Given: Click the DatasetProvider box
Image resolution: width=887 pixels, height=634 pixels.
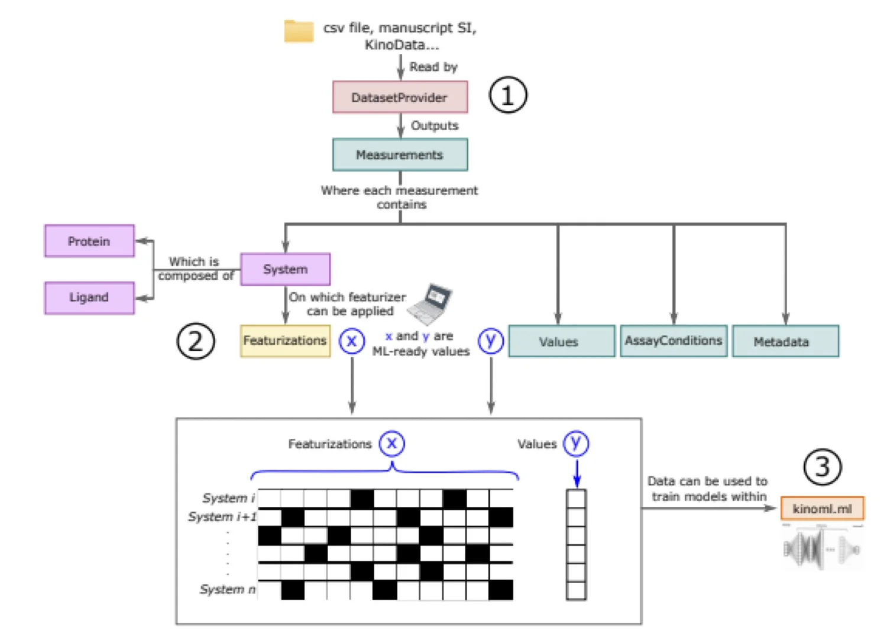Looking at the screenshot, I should pos(400,97).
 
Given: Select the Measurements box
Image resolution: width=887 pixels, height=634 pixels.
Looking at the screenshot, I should pos(400,154).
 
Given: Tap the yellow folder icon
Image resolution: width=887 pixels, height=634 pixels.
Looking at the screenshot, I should pos(299,31).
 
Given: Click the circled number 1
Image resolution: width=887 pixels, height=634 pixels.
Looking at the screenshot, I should pos(507,95).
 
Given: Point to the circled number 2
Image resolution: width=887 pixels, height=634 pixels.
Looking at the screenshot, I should pos(196,341).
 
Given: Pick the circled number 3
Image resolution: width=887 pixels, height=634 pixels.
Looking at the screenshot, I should pos(822,467).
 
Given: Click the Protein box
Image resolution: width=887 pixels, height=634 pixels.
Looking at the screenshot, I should pos(89,241).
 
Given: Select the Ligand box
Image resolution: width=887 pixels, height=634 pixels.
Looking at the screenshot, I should pos(89,297).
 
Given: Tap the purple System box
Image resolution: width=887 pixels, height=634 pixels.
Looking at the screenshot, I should pos(285,269).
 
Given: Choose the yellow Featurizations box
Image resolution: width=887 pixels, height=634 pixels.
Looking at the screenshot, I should pos(285,341).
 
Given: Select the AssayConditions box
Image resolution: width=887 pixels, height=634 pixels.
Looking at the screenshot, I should pos(674,341).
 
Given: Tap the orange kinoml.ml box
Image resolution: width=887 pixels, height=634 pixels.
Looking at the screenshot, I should pos(822,509).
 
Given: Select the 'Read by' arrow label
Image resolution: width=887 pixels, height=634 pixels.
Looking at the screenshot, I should pos(433,67).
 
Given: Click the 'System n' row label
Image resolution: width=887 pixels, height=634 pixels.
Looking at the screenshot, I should pos(228,590).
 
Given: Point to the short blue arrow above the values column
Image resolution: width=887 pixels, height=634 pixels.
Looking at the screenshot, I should pos(577,473).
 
